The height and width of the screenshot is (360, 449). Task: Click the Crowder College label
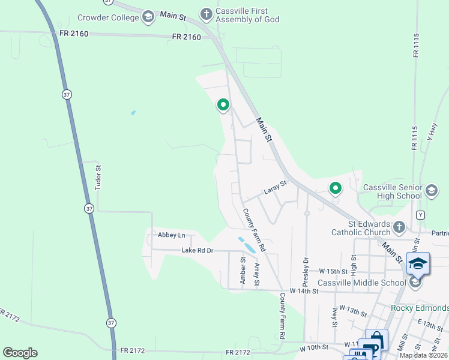pos(108,17)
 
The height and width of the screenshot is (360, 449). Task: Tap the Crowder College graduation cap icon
pos(148,17)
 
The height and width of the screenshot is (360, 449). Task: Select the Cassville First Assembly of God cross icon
pos(206,13)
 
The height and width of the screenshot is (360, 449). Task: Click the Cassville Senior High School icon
pos(431,191)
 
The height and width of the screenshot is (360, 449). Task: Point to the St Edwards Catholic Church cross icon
pos(399,227)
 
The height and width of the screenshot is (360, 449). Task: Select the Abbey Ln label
pos(171,235)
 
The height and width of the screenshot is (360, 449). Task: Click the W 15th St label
pos(334,271)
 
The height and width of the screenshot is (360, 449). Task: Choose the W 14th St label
pos(303,290)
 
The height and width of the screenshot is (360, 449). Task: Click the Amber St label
pos(243,269)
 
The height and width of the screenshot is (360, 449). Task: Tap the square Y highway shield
pos(420,215)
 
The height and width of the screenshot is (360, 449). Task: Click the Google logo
pos(20,353)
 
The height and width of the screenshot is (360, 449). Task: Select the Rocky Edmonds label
pos(419,308)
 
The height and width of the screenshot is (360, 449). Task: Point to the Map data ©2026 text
pos(423,355)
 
